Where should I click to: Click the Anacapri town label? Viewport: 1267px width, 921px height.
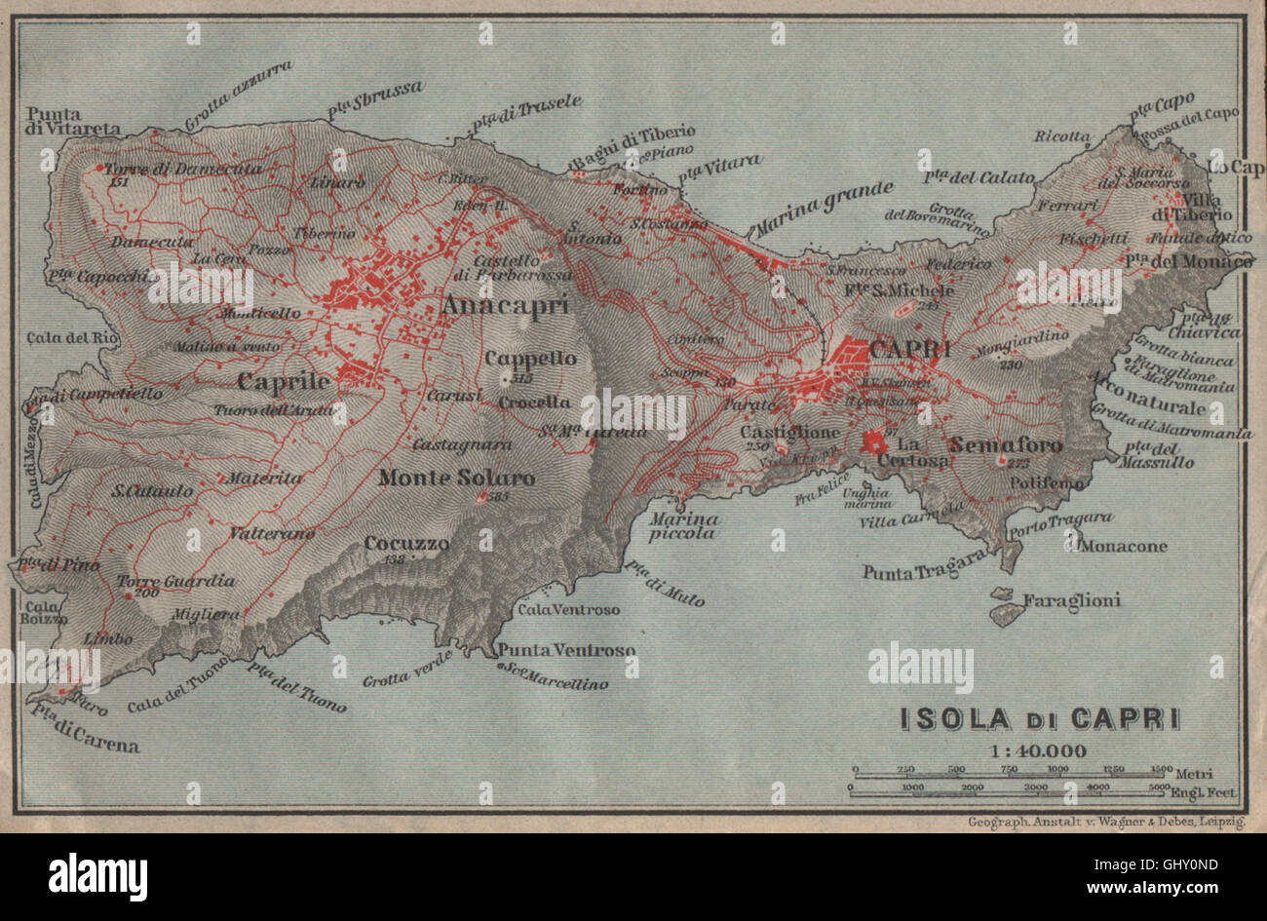tap(504, 306)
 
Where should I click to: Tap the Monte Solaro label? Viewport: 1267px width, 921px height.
tap(456, 478)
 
